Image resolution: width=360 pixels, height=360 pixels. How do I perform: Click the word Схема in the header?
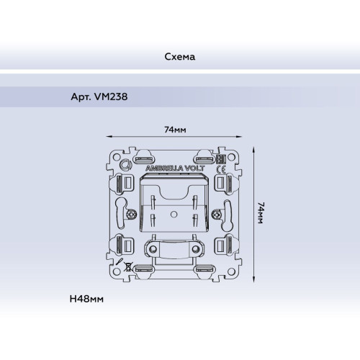pyautogui.click(x=180, y=57)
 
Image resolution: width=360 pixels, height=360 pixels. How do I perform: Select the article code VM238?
pyautogui.click(x=111, y=96)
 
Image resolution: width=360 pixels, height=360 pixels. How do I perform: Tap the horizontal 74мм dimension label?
pyautogui.click(x=175, y=130)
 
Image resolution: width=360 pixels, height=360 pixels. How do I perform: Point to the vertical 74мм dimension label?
pyautogui.click(x=261, y=213)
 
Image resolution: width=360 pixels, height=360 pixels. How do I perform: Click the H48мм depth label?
pyautogui.click(x=86, y=299)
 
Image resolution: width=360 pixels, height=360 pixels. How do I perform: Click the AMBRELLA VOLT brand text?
pyautogui.click(x=175, y=168)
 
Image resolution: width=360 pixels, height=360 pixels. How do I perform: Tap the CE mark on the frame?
pyautogui.click(x=221, y=170)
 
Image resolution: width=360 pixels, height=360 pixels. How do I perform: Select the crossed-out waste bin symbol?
pyautogui.click(x=128, y=266)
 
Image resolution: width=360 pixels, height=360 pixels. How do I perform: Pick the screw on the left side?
pyautogui.click(x=131, y=214)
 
